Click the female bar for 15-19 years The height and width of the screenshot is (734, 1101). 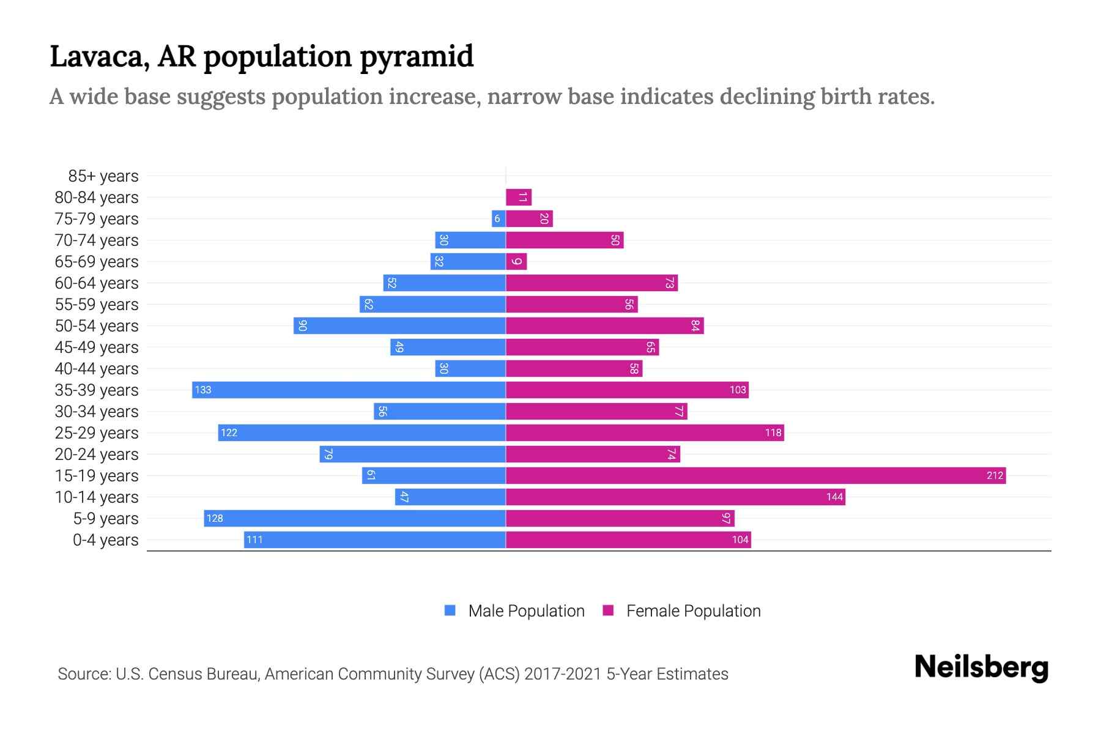tap(755, 475)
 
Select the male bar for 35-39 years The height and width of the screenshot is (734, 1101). tap(349, 390)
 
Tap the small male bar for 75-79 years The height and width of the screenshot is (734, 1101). tap(499, 219)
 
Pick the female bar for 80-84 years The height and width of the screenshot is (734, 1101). tap(519, 197)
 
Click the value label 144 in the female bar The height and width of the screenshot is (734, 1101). tap(834, 497)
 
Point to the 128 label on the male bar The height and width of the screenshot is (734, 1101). tap(215, 518)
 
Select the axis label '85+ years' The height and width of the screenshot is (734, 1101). tap(103, 176)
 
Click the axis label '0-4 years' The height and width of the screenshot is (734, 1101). tap(105, 540)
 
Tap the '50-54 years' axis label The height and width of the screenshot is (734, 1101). tap(97, 326)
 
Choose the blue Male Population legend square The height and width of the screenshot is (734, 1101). tap(450, 610)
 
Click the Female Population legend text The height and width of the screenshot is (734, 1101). tap(693, 611)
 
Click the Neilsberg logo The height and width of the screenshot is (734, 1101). tap(981, 667)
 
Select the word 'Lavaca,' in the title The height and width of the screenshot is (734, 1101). tap(100, 57)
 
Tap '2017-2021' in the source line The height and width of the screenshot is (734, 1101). tap(562, 674)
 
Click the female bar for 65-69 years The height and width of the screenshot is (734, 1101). tap(516, 261)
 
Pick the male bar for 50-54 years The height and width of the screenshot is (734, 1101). tap(399, 325)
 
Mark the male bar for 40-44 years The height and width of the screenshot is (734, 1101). tap(470, 368)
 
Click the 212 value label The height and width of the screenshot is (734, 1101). tap(995, 475)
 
